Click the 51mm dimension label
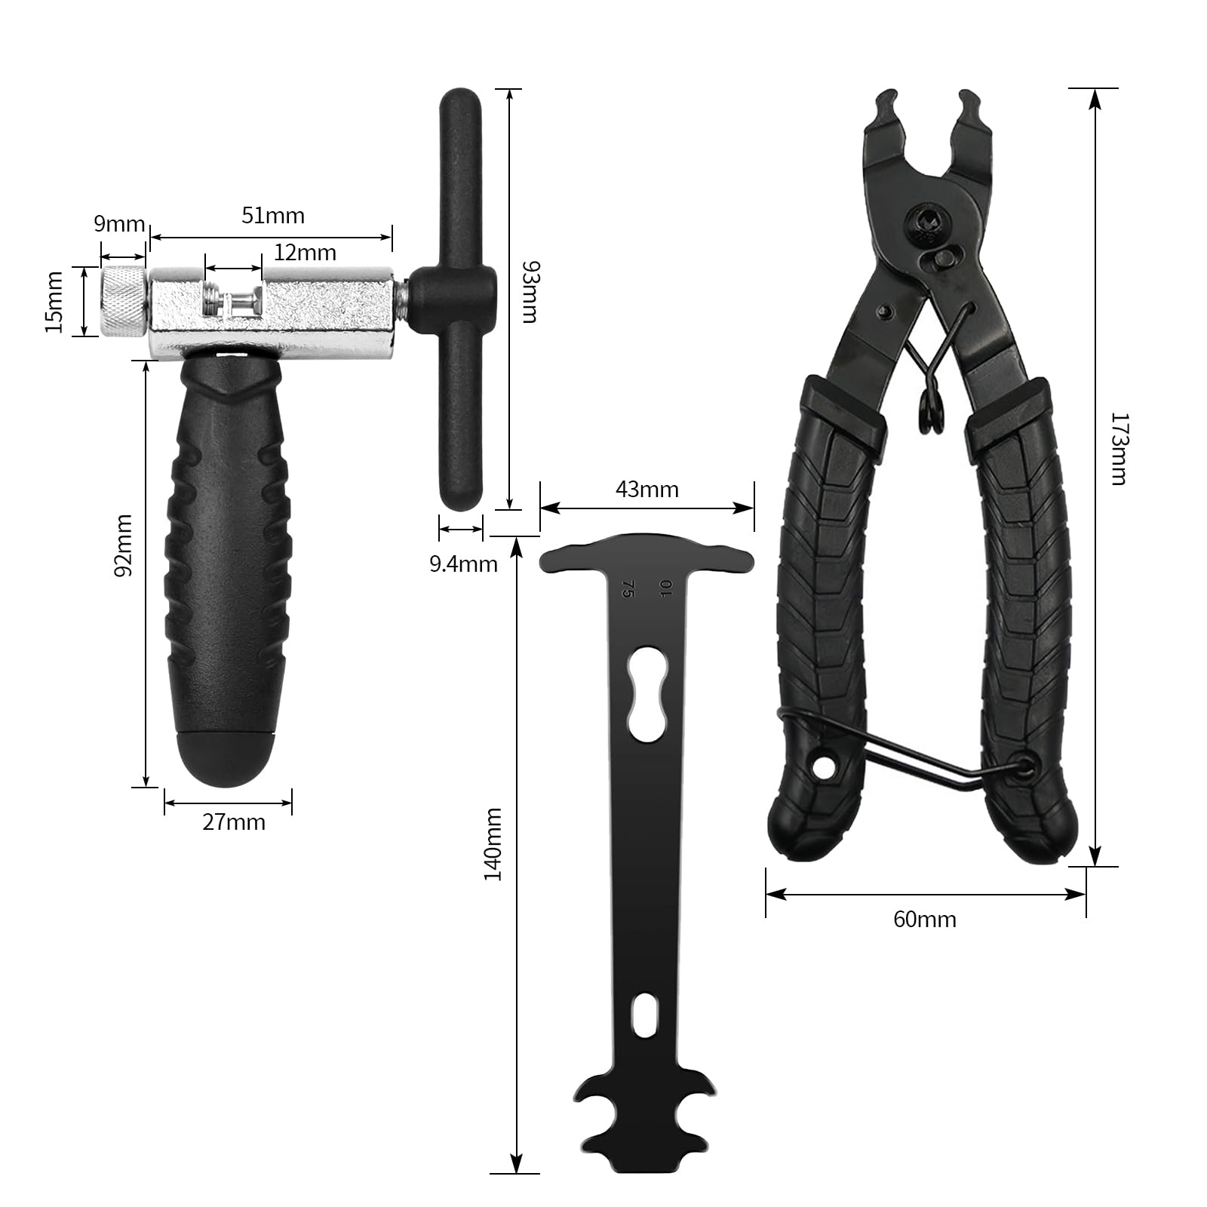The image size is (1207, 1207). pyautogui.click(x=273, y=216)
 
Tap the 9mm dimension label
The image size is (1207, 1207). pyautogui.click(x=119, y=224)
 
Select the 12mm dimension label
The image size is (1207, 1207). pyautogui.click(x=305, y=252)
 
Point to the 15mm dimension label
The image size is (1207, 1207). pyautogui.click(x=54, y=302)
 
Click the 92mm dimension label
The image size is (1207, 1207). pyautogui.click(x=123, y=545)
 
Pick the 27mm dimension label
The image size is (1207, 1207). pyautogui.click(x=234, y=822)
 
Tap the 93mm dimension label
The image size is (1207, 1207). pyautogui.click(x=530, y=292)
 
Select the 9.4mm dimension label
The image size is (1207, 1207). pyautogui.click(x=464, y=564)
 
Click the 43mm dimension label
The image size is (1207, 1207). pyautogui.click(x=647, y=490)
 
